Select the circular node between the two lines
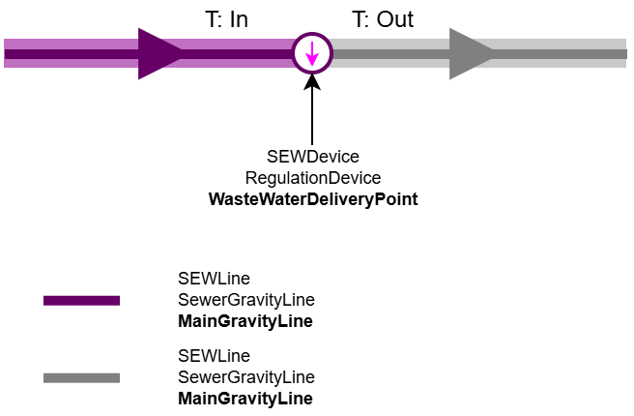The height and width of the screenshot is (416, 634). pyautogui.click(x=312, y=53)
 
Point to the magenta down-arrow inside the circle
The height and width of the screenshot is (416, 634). pyautogui.click(x=312, y=54)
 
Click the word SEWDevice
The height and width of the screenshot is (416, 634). pyautogui.click(x=312, y=157)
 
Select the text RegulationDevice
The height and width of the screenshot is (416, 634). pyautogui.click(x=312, y=178)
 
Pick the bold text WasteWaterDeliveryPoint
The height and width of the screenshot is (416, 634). pyautogui.click(x=312, y=199)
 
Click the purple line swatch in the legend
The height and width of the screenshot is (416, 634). pyautogui.click(x=81, y=301)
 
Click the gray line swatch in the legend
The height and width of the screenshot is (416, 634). pyautogui.click(x=81, y=377)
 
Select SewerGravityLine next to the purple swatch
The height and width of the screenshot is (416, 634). pyautogui.click(x=246, y=300)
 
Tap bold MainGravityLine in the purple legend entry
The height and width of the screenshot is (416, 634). pyautogui.click(x=245, y=321)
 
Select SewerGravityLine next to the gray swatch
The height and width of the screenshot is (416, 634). pyautogui.click(x=246, y=376)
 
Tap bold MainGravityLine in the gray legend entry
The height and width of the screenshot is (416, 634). pyautogui.click(x=245, y=398)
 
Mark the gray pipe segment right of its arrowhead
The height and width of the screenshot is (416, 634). pyautogui.click(x=561, y=53)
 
